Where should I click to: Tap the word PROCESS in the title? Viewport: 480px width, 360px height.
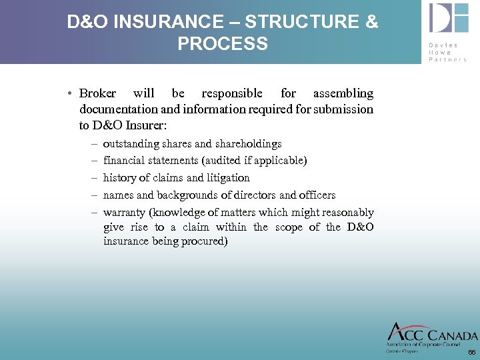click(x=223, y=44)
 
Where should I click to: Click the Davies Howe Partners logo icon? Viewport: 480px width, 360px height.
click(x=448, y=19)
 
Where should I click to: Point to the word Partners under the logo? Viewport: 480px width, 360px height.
click(x=448, y=59)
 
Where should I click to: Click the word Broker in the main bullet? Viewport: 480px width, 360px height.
click(x=97, y=93)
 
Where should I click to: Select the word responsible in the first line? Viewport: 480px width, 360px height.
click(x=232, y=93)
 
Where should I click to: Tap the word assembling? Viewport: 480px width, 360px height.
click(x=343, y=93)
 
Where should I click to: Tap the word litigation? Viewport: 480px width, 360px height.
click(x=227, y=178)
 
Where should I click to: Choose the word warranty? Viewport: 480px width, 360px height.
click(x=125, y=213)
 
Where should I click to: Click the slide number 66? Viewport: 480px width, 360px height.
click(x=471, y=352)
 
